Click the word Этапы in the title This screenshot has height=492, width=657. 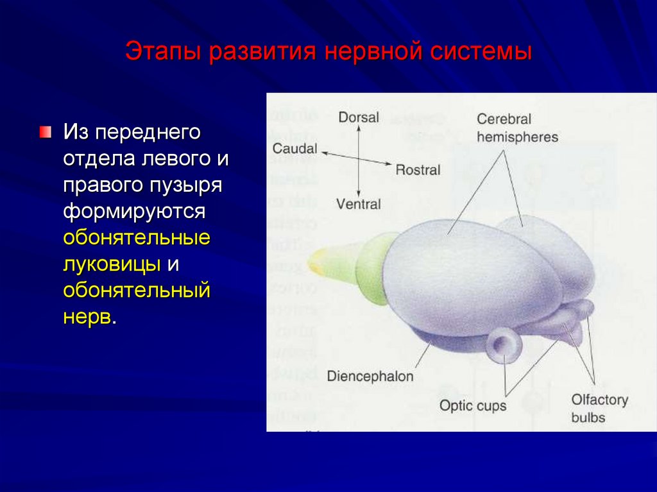pos(163,52)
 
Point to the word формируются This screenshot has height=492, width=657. pos(134,212)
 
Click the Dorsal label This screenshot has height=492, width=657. pos(359,118)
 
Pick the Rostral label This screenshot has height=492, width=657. pos(418,170)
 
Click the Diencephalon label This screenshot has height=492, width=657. pos(370,376)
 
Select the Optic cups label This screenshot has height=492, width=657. pos(473,405)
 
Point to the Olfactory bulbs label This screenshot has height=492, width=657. pos(599,409)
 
